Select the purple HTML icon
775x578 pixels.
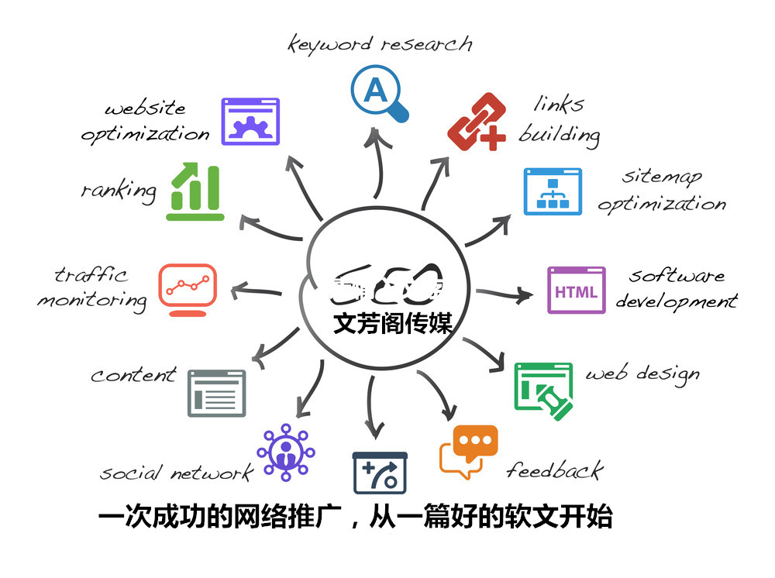pos(576,291)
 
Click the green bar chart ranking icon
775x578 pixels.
pos(195,191)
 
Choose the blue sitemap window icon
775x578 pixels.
pos(553,191)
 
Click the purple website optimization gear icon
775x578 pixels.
pos(250,122)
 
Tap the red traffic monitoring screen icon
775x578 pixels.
pos(187,288)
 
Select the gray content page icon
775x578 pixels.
pos(216,393)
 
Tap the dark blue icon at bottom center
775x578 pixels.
pos(379,472)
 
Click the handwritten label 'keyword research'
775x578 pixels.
pos(380,43)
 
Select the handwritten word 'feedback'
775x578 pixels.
pos(554,470)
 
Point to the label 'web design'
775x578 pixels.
pos(642,374)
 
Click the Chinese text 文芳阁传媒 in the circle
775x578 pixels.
pos(392,323)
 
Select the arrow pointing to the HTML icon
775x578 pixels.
pos(506,294)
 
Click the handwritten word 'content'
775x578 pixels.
pos(133,376)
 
